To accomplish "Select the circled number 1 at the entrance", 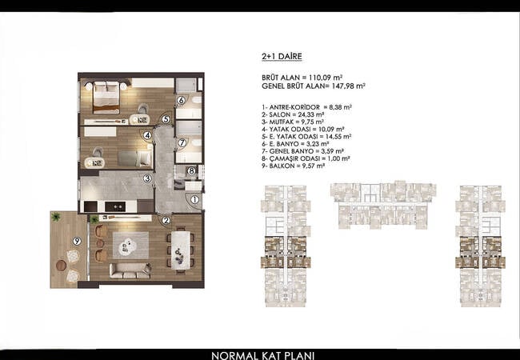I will (x=194, y=201).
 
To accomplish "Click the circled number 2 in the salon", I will (x=166, y=222).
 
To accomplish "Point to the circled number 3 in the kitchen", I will (x=148, y=178).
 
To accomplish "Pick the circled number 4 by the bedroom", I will (x=148, y=136).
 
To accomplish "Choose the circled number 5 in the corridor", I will (x=165, y=119).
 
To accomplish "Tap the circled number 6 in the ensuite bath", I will (x=182, y=101).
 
